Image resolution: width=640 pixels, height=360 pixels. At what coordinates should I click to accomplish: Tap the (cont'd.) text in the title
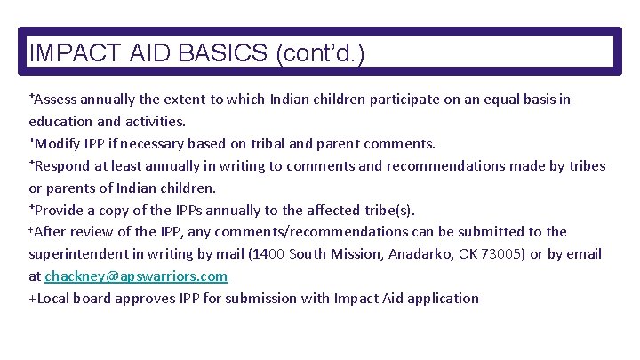[x=320, y=53]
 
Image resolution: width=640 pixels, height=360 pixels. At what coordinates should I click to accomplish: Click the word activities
[x=153, y=122]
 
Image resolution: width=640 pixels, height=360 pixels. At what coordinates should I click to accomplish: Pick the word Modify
[x=59, y=144]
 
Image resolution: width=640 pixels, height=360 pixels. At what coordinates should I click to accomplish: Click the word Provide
[x=61, y=211]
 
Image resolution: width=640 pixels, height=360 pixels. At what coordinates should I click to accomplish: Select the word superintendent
[x=81, y=254]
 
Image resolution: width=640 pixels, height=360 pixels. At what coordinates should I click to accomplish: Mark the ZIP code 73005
[x=501, y=254]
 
